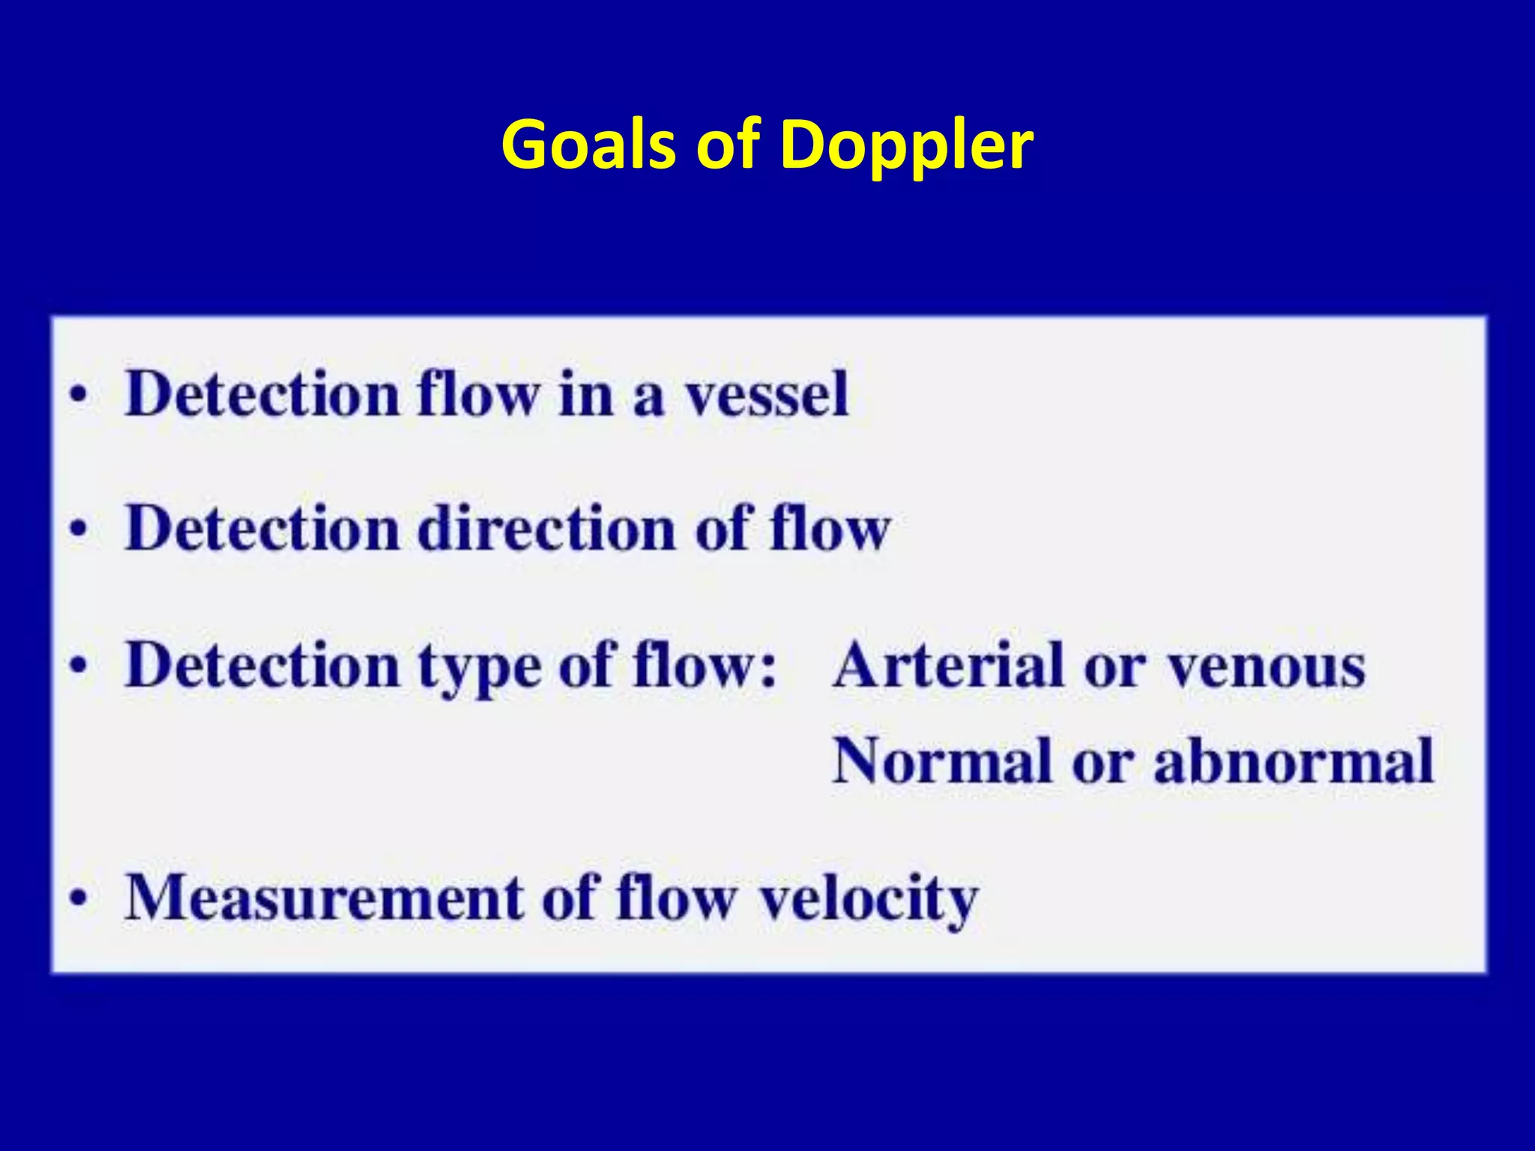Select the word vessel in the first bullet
point(767,394)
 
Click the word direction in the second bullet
point(546,529)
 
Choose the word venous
point(1267,667)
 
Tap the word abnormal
point(1293,761)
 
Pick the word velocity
point(869,899)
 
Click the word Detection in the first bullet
point(262,394)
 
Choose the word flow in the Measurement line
point(675,898)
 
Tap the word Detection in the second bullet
point(262,529)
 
